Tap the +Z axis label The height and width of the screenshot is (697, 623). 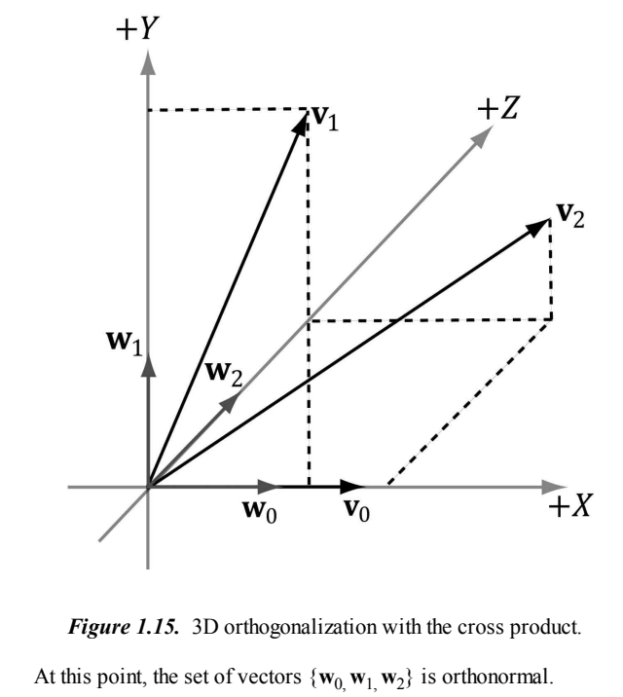tap(498, 109)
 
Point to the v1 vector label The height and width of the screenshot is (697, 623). tap(324, 121)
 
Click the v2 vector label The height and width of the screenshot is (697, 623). tap(569, 214)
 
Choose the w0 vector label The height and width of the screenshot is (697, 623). tap(260, 509)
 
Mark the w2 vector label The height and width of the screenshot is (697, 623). tap(223, 372)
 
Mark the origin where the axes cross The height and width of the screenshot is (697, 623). tap(148, 485)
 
